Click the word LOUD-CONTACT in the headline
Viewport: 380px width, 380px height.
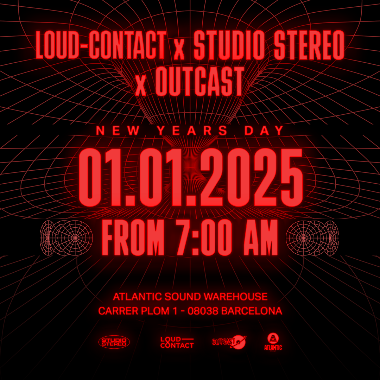(x=101, y=45)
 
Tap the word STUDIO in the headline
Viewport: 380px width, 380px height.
(x=229, y=45)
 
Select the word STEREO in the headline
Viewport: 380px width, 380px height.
(x=309, y=45)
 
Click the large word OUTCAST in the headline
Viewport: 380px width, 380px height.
(x=199, y=81)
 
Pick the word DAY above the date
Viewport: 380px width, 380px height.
(x=264, y=131)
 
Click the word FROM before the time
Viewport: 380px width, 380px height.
(x=133, y=237)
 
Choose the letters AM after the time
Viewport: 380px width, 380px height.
(x=260, y=237)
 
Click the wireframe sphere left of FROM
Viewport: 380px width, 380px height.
(x=66, y=238)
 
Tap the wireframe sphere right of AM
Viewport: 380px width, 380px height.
(x=312, y=238)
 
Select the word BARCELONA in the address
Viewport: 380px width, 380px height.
(x=252, y=311)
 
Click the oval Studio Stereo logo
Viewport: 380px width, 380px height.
(x=114, y=342)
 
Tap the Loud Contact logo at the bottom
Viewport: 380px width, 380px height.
(x=177, y=342)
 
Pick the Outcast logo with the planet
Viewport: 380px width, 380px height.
(x=229, y=342)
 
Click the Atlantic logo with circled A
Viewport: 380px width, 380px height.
(x=273, y=342)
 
